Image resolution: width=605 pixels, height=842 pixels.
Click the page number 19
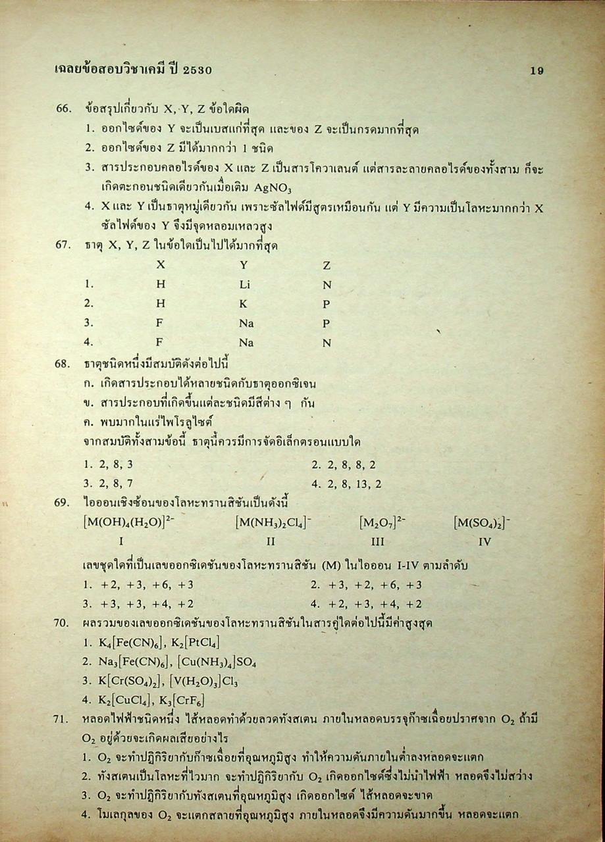tap(537, 71)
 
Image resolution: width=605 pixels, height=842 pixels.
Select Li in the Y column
tap(245, 285)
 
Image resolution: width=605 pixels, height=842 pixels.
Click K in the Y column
tap(243, 304)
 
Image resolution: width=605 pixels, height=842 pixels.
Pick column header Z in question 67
tap(327, 266)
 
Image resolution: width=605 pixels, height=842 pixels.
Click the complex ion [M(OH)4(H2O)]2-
tap(128, 523)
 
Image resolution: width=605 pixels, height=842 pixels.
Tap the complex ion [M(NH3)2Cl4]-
tap(273, 523)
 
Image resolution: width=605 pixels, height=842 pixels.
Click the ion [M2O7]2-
tap(382, 523)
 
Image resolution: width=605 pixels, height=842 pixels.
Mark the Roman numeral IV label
tap(485, 542)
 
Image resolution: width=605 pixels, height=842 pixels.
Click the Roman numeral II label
tap(271, 542)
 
